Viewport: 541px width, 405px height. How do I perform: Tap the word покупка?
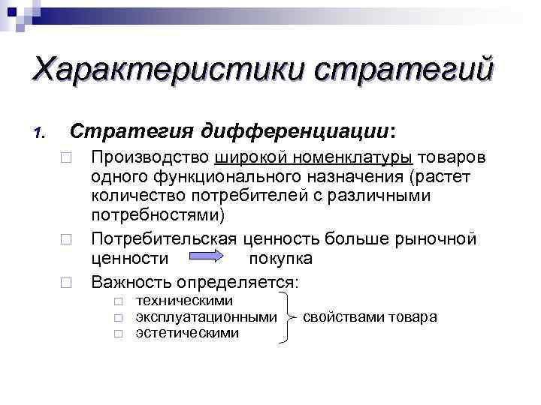click(x=280, y=259)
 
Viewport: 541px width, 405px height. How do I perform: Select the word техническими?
click(x=184, y=300)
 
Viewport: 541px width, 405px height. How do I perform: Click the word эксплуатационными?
click(x=206, y=316)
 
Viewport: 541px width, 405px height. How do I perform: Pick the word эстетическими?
click(x=187, y=332)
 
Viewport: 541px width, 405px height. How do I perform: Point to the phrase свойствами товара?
click(x=370, y=316)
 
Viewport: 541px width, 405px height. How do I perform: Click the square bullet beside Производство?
click(x=67, y=159)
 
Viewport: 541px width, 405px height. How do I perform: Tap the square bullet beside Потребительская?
click(x=67, y=240)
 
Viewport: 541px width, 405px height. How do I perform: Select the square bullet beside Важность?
click(x=67, y=283)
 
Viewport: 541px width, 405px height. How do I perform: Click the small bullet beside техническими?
click(x=117, y=301)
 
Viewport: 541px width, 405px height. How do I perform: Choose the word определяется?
click(x=237, y=283)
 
